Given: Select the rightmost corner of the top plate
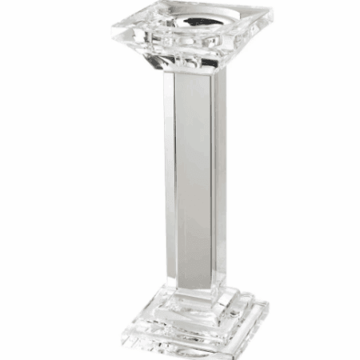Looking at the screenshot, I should tap(273, 16).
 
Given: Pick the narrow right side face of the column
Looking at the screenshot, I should tap(219, 176).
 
